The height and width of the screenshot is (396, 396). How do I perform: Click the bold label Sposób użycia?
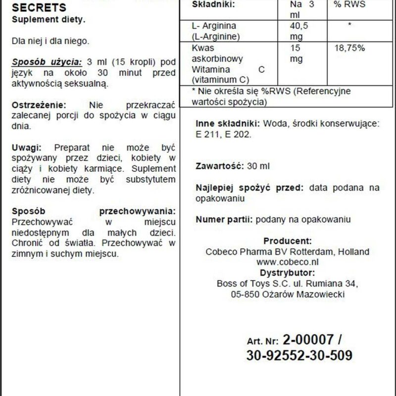click(x=47, y=62)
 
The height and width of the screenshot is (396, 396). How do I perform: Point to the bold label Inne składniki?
click(x=228, y=123)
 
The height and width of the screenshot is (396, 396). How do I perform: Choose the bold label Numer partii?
click(x=224, y=219)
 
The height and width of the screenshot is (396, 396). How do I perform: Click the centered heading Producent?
click(x=287, y=241)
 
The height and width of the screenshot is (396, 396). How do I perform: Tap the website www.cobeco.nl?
click(x=287, y=262)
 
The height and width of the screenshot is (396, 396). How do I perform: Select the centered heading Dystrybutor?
click(x=287, y=272)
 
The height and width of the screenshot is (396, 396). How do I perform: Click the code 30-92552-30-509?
click(x=299, y=356)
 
